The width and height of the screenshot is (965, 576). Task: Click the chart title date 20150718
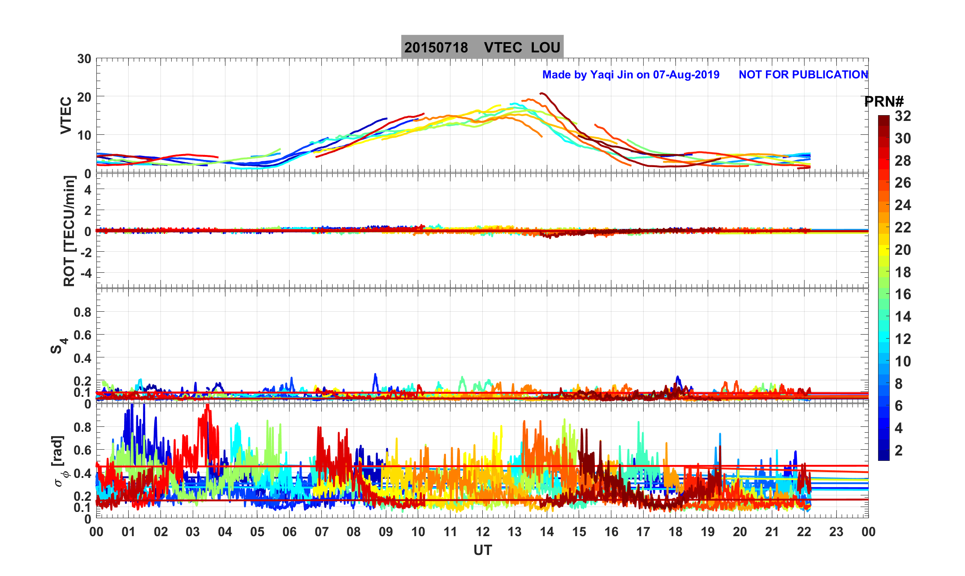click(x=436, y=47)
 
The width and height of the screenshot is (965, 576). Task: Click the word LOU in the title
click(x=545, y=47)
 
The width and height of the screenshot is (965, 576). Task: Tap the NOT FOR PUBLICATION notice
click(x=803, y=74)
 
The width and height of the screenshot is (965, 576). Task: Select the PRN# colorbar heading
click(x=883, y=102)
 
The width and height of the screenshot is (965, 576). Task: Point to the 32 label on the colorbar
click(x=903, y=116)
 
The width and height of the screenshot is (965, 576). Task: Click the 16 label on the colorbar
click(x=903, y=294)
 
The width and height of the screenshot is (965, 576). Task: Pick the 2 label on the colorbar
click(x=899, y=450)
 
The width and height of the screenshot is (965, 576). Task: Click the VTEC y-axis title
click(x=66, y=116)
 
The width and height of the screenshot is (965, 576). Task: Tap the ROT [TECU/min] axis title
click(x=69, y=231)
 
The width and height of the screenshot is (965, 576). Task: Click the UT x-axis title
click(x=483, y=550)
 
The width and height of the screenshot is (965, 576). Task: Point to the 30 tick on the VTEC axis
click(x=84, y=59)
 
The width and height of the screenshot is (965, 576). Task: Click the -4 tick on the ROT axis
click(x=85, y=273)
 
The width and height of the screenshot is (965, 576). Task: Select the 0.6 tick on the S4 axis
click(x=82, y=335)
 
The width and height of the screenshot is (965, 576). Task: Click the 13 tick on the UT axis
click(x=515, y=532)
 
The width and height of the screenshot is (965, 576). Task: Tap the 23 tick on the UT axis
click(x=836, y=532)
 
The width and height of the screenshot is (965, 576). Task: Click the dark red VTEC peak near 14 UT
click(x=542, y=93)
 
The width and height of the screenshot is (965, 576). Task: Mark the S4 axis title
click(x=59, y=345)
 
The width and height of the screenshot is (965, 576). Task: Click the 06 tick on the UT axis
click(x=290, y=532)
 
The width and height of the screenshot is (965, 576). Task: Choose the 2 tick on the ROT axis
click(x=87, y=210)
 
